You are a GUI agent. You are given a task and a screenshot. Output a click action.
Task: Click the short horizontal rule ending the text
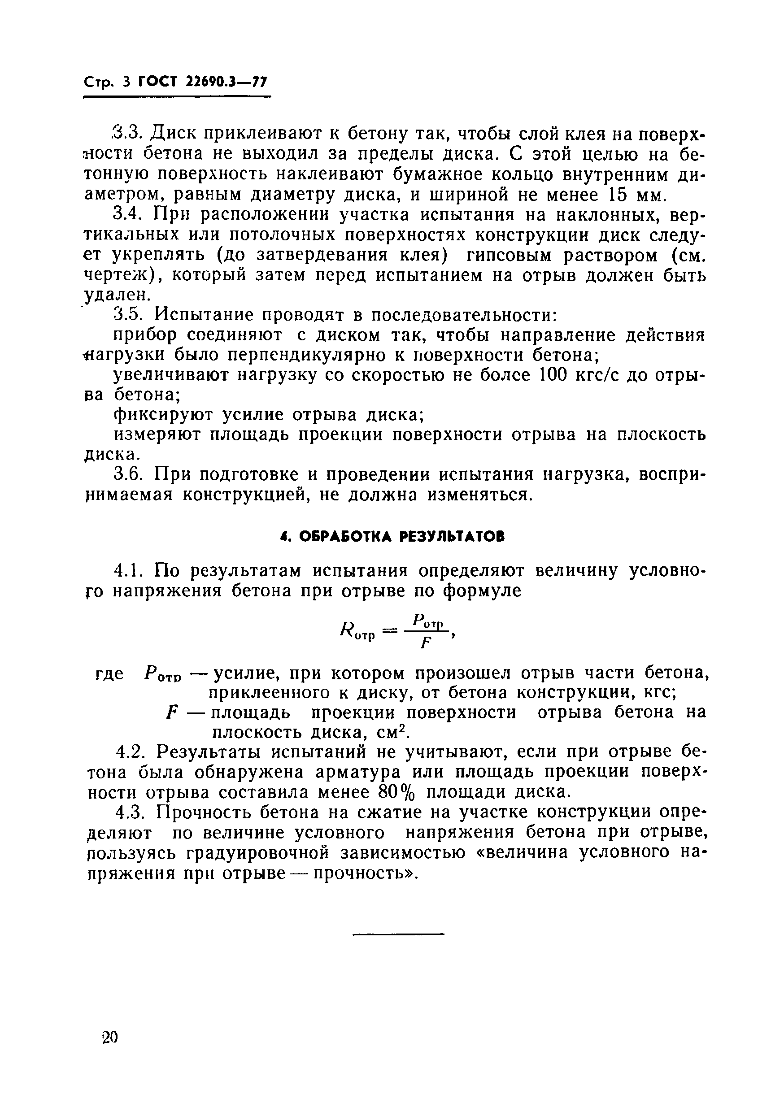398,933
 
